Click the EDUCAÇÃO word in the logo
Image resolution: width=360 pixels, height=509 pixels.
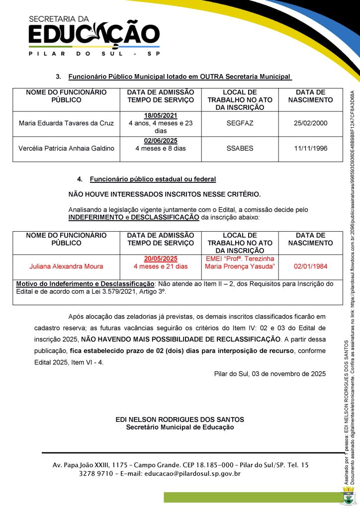[94, 35]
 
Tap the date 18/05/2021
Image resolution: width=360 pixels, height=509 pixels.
[161, 116]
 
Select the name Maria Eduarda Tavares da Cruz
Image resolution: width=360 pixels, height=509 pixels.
[66, 123]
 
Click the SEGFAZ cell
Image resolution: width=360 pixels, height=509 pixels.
[240, 123]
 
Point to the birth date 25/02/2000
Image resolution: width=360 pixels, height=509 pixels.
[311, 123]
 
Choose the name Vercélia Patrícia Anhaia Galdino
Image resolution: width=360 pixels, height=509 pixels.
[66, 148]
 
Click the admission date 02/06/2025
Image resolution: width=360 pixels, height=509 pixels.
[161, 141]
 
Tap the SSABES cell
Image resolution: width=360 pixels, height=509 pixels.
[240, 148]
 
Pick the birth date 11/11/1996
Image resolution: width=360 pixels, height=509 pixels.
[311, 148]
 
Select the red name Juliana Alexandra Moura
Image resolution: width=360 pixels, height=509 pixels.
[66, 266]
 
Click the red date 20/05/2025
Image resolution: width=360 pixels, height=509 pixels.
[161, 259]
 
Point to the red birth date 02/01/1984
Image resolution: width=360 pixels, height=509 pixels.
[311, 266]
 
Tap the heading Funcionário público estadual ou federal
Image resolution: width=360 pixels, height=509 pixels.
[153, 179]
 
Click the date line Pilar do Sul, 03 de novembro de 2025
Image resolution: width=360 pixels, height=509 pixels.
[270, 374]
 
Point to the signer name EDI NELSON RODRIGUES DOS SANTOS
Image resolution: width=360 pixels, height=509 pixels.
[180, 420]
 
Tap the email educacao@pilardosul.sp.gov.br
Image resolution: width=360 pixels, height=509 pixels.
[192, 474]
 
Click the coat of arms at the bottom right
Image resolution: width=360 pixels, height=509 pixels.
[349, 496]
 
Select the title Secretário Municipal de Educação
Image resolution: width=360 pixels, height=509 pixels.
[180, 427]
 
